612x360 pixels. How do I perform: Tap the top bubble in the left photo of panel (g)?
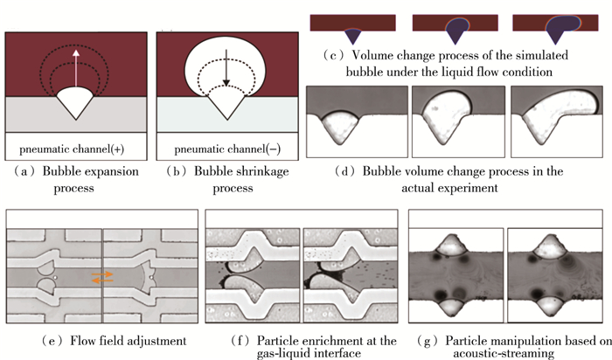point(455,246)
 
